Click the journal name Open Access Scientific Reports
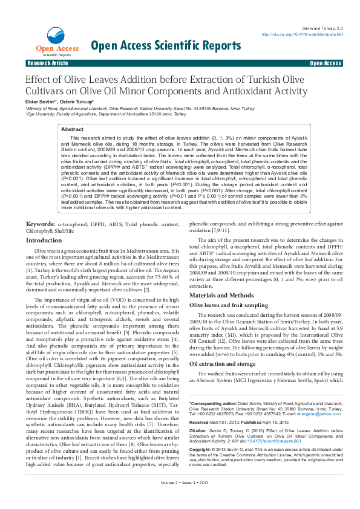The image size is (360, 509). point(166,45)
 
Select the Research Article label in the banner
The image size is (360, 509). point(48,63)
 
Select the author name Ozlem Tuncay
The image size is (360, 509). point(76,103)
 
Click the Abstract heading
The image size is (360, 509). point(73,129)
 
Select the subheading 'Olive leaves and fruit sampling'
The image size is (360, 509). point(229,306)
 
